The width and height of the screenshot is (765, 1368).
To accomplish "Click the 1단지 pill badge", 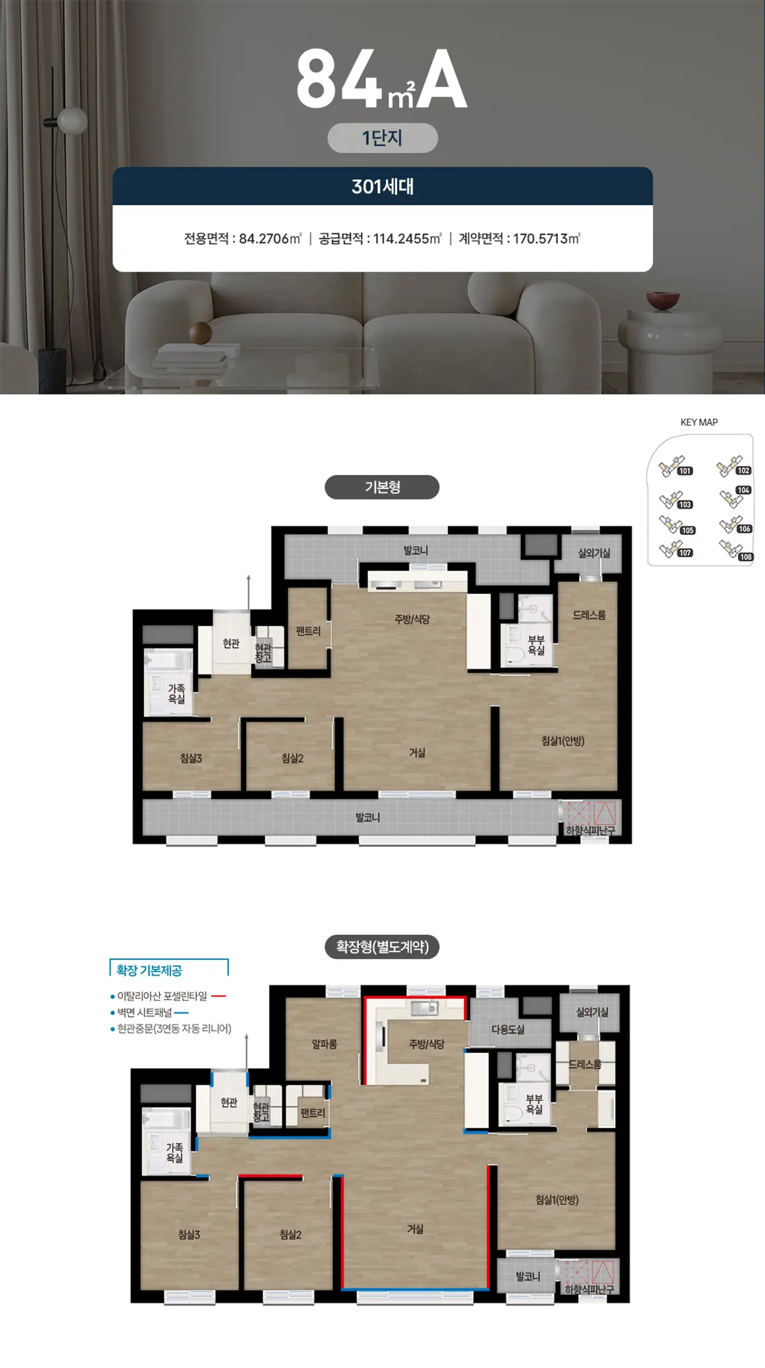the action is click(x=382, y=138).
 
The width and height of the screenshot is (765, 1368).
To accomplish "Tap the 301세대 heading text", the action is click(x=382, y=186).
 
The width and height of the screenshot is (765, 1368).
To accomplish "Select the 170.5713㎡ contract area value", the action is click(x=546, y=238).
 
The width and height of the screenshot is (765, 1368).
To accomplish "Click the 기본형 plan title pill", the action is click(x=382, y=487).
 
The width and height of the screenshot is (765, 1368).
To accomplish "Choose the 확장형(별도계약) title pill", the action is click(x=382, y=946).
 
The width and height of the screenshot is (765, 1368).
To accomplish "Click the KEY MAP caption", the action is click(x=699, y=422).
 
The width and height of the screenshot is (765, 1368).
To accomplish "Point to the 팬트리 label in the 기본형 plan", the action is click(x=308, y=631).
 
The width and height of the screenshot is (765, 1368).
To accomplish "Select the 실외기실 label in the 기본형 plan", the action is click(x=594, y=553).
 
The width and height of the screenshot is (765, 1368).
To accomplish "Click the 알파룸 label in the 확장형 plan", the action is click(x=324, y=1044).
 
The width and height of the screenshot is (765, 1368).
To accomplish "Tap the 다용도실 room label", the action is click(x=507, y=1029).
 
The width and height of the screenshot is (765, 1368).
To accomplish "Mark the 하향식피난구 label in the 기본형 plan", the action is click(x=590, y=831).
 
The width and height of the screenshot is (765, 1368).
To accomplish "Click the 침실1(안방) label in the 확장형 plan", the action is click(x=557, y=1200).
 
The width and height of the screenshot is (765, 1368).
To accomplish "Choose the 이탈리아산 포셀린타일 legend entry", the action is click(x=162, y=996).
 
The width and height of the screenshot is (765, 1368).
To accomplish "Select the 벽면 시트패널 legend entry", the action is click(x=145, y=1012).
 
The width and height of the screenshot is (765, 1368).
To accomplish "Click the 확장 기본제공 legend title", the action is click(x=149, y=970).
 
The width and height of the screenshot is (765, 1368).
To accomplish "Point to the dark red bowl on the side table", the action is click(x=662, y=300).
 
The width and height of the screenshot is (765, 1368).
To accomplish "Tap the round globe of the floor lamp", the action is click(x=72, y=120).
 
